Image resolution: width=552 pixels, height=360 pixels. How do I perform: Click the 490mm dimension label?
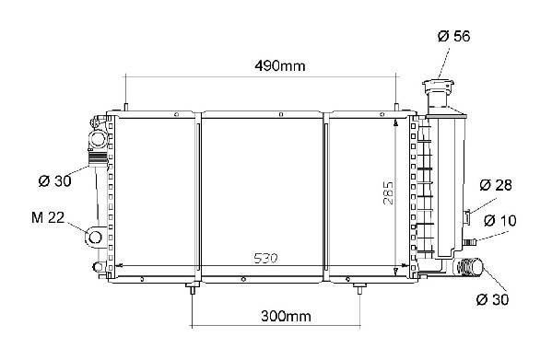coord(280,65)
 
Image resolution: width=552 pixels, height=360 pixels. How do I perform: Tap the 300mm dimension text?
coord(286,317)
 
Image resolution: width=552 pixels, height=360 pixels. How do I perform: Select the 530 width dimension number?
coord(265,259)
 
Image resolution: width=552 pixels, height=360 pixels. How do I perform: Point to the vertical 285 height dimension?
coord(388,192)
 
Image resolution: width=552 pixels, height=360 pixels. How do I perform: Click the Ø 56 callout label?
coord(453,36)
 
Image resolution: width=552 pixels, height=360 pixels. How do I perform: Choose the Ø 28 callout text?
coord(496,185)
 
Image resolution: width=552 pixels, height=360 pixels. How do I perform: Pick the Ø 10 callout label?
coord(499,221)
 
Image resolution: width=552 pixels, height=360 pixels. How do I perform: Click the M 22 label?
coord(48,217)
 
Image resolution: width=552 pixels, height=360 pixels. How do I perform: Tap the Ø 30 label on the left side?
coord(54,181)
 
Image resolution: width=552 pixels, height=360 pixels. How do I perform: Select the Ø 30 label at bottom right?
coord(492,299)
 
